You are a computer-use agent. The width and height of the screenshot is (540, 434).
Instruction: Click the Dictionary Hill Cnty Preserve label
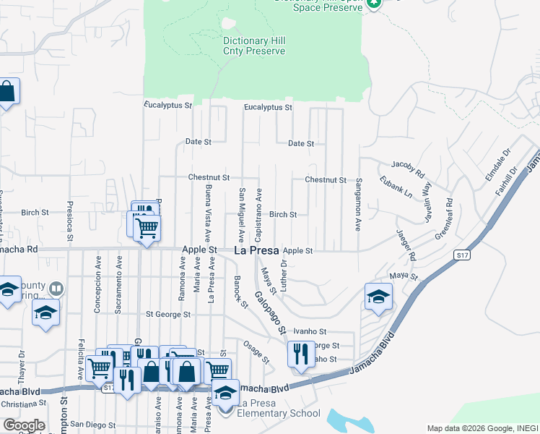254,46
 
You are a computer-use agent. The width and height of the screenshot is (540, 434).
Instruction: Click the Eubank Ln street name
397,190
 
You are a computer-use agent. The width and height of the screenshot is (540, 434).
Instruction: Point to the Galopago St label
269,313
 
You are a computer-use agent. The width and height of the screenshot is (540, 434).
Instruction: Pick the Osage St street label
256,352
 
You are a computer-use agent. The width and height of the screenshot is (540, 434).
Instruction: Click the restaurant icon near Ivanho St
301,354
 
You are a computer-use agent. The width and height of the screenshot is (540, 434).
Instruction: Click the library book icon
56,289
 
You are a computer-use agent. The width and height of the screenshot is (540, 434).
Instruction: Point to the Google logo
24,425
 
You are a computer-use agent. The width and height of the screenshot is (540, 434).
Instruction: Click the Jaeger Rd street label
406,244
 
